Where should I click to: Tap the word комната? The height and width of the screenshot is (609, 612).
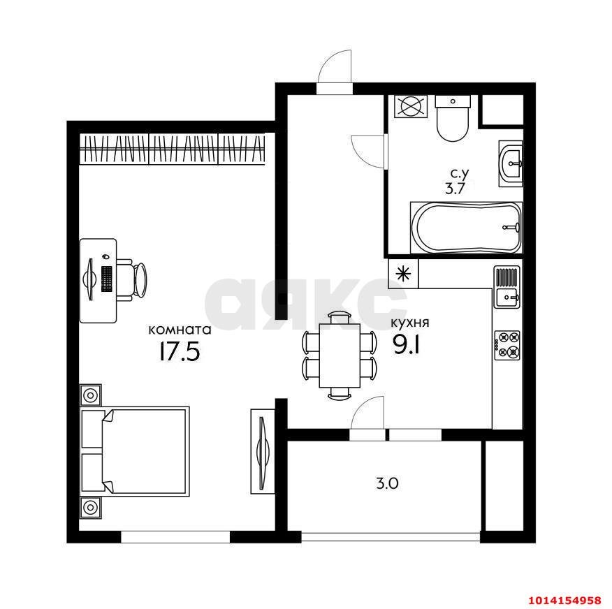point(180,329)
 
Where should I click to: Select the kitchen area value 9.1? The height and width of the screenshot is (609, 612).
point(406,346)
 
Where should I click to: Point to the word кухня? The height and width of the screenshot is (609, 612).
point(409,323)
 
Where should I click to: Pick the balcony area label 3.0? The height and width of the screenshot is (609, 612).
point(385,482)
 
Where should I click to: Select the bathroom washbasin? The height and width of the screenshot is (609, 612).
point(510,163)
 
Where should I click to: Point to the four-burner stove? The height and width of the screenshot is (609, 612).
point(507,345)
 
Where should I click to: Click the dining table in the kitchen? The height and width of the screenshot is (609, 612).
point(340,355)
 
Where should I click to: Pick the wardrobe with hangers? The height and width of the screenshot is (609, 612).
point(173,149)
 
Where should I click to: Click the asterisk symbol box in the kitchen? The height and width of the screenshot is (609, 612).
point(403,274)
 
